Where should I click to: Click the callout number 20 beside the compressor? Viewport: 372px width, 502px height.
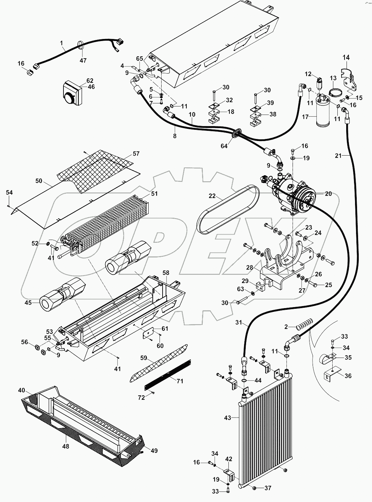[x=328, y=194]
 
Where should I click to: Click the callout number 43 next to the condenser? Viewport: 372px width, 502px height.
[x=227, y=418]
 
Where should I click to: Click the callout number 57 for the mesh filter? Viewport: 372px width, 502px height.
[x=136, y=154]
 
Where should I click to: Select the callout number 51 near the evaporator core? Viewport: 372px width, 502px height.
[x=154, y=194]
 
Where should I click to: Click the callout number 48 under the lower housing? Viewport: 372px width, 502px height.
[x=66, y=446]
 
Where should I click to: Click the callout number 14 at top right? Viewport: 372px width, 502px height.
[x=346, y=58]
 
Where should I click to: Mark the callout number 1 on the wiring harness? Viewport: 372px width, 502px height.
[x=61, y=43]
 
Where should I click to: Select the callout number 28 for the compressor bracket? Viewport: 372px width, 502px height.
[x=250, y=268]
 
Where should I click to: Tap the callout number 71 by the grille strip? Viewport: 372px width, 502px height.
[x=180, y=381]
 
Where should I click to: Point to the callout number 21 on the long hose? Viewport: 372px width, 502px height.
[x=338, y=156]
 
